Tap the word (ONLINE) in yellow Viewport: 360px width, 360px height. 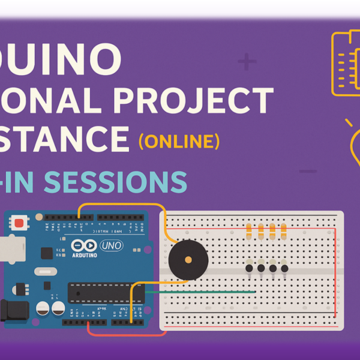(x=179, y=142)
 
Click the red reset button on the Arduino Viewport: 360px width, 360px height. (x=20, y=224)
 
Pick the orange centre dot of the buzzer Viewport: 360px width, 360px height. (x=188, y=260)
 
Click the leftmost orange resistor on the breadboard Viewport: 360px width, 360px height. (x=249, y=230)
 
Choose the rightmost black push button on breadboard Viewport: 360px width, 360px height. (x=284, y=269)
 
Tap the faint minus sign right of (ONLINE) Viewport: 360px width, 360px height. (x=307, y=172)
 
